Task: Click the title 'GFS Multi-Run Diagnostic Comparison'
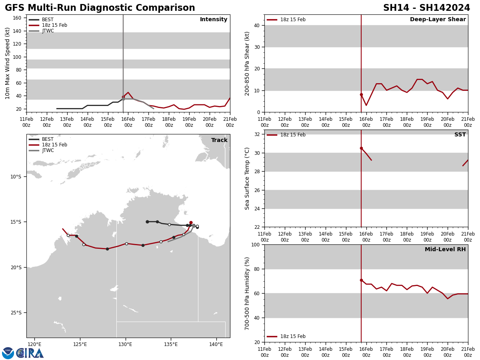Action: pyautogui.click(x=100, y=8)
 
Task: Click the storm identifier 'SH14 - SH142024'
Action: pyautogui.click(x=426, y=8)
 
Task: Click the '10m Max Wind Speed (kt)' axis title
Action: pyautogui.click(x=8, y=63)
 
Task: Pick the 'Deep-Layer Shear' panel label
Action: pyautogui.click(x=438, y=20)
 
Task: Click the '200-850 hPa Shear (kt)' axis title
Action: pyautogui.click(x=247, y=63)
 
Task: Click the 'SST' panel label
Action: pyautogui.click(x=460, y=135)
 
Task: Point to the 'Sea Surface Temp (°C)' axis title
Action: pyautogui.click(x=247, y=178)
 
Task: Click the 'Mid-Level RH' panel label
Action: pyautogui.click(x=445, y=250)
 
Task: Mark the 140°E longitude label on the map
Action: pyautogui.click(x=216, y=344)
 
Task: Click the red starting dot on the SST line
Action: pyautogui.click(x=361, y=148)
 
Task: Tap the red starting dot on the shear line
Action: pyautogui.click(x=361, y=95)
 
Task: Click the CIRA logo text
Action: pyautogui.click(x=30, y=353)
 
